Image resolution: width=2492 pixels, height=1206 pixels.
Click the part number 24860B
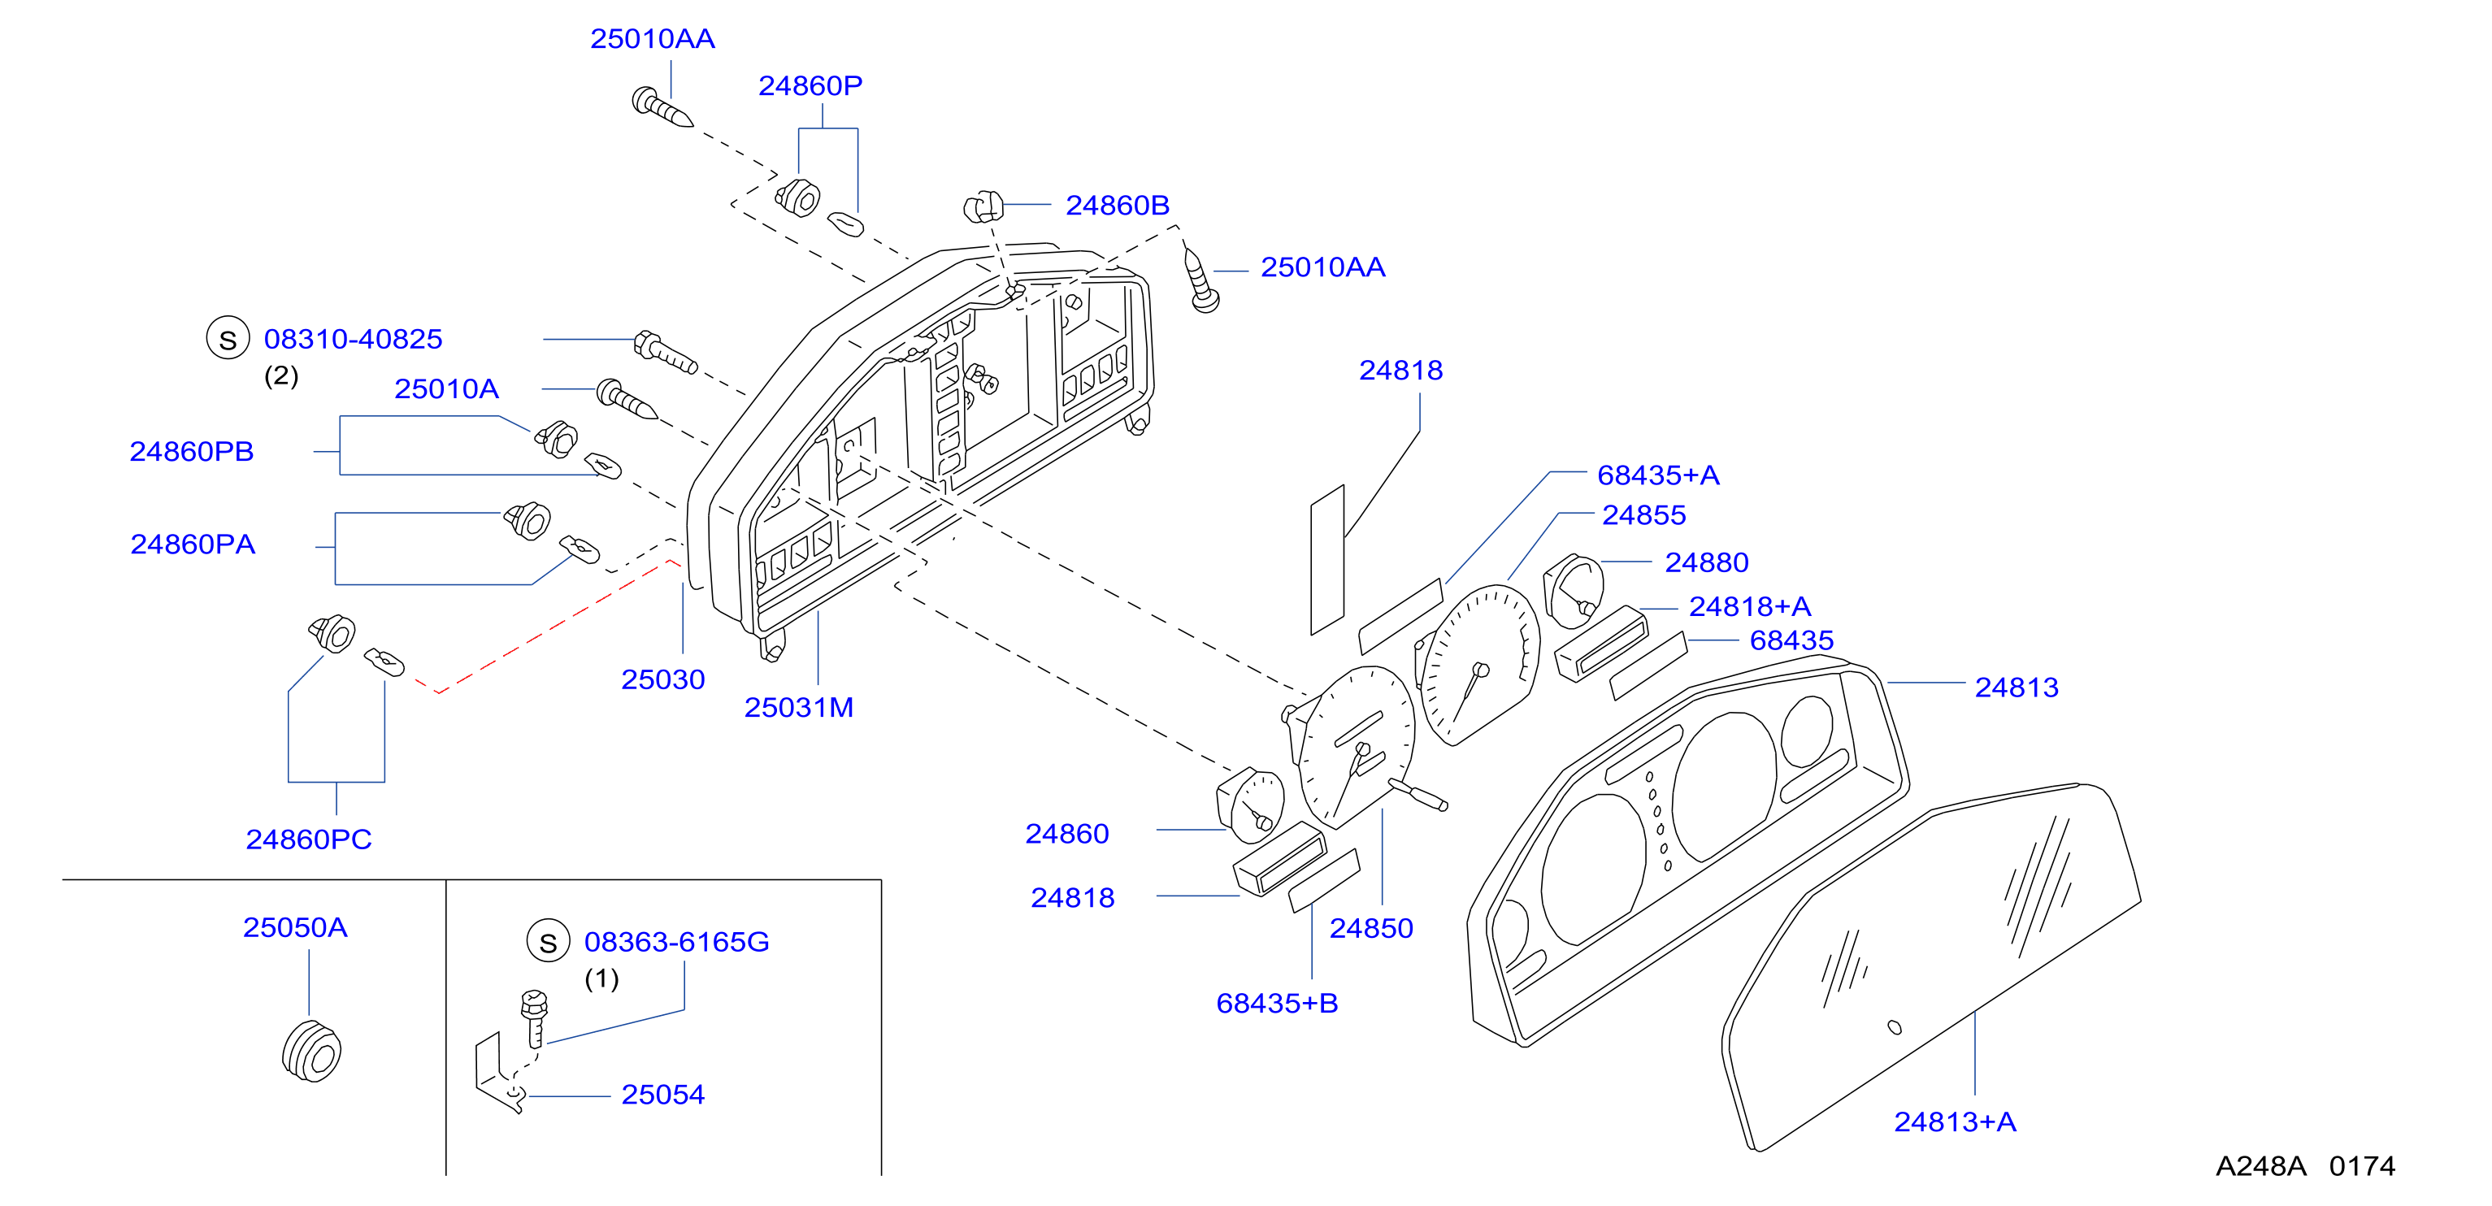point(1118,205)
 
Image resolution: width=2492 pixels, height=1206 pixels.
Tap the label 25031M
point(798,707)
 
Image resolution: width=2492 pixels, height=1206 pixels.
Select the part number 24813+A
point(1954,1121)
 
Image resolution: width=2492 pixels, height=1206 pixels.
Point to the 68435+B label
point(1277,1003)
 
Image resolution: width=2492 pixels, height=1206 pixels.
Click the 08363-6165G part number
point(676,941)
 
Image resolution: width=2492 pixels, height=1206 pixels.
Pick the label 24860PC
point(309,839)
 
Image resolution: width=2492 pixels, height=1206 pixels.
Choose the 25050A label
point(295,927)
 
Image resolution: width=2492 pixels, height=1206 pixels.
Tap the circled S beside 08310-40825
point(228,339)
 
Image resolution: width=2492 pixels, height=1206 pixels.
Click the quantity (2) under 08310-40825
point(280,375)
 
